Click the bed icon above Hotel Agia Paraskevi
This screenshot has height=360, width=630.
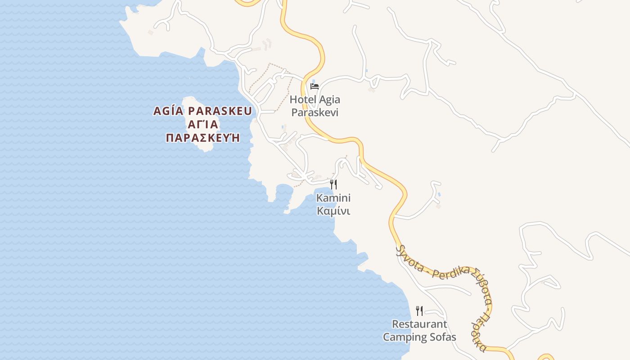point(315,86)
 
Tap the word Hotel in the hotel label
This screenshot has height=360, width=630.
point(302,99)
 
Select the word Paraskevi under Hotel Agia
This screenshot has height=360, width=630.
point(315,112)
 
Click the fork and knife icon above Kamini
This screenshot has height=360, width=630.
point(333,184)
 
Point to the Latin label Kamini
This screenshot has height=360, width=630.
point(333,198)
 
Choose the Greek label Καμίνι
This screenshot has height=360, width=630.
point(333,211)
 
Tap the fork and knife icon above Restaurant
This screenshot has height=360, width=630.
point(419,310)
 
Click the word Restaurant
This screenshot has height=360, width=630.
point(419,324)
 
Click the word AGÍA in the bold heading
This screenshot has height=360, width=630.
point(168,111)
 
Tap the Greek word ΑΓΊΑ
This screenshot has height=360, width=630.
point(202,124)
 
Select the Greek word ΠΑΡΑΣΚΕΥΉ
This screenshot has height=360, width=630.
point(202,138)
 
